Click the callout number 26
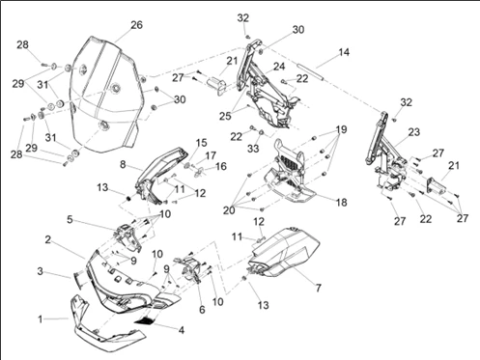(x=136, y=25)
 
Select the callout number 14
(x=344, y=52)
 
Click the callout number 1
(x=41, y=319)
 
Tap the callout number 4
(x=182, y=330)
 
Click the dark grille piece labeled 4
(x=145, y=320)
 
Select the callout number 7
(x=318, y=288)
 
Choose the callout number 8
(x=123, y=164)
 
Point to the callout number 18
(x=342, y=203)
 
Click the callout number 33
(x=253, y=149)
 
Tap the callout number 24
(x=279, y=67)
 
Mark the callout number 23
(x=414, y=132)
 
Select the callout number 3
(x=40, y=271)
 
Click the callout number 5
(x=70, y=220)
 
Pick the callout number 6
(x=202, y=310)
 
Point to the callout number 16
(x=221, y=166)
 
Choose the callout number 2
(x=47, y=239)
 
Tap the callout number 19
(x=341, y=129)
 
